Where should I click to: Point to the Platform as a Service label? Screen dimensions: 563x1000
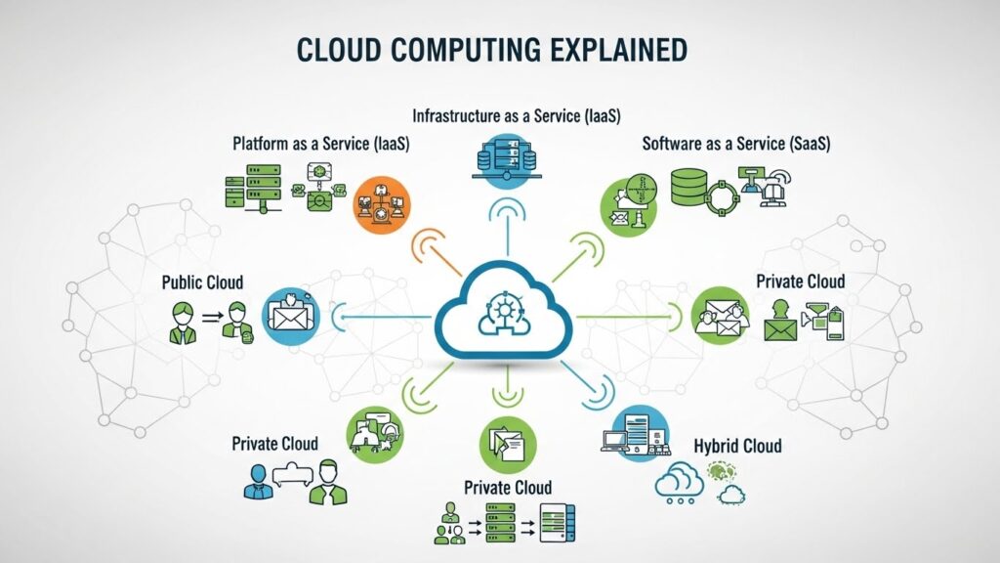coord(320,144)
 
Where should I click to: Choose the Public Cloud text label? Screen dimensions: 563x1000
coord(202,283)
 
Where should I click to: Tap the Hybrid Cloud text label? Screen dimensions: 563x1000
coord(737,446)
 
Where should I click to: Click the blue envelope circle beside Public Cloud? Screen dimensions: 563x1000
coord(290,315)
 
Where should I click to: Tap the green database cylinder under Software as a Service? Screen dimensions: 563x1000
coord(688,187)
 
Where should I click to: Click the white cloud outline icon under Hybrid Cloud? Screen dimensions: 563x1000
coord(680,482)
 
